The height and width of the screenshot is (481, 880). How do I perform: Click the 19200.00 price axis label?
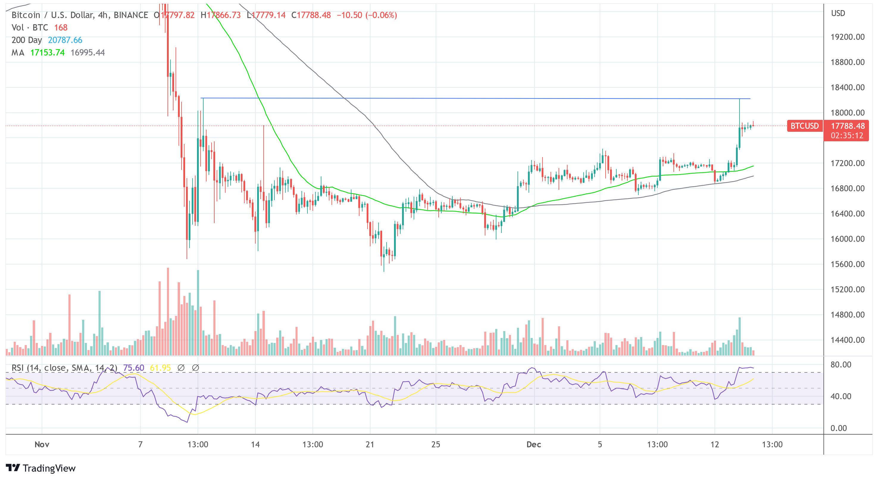tap(847, 37)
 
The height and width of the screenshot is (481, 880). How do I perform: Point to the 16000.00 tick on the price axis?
tap(847, 239)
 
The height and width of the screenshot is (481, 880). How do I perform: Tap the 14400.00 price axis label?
tap(847, 340)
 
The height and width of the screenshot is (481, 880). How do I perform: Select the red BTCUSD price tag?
tap(804, 126)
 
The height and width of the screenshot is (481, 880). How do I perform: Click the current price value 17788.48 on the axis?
tap(848, 126)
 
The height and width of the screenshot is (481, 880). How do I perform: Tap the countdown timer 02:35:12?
tap(847, 136)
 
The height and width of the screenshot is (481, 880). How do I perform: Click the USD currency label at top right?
tap(838, 13)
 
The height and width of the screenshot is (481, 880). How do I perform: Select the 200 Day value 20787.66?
tap(65, 40)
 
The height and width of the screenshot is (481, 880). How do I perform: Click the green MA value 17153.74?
tap(48, 53)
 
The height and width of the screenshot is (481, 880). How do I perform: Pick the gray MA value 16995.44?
tap(87, 53)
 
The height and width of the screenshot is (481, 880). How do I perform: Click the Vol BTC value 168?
tap(61, 28)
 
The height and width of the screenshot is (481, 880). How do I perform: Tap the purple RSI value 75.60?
tap(134, 368)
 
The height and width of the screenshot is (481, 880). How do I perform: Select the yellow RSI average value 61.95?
tap(160, 368)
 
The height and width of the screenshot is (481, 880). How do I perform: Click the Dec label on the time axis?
tap(533, 444)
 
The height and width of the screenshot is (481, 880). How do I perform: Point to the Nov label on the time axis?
tap(42, 444)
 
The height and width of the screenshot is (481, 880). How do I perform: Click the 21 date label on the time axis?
tap(370, 444)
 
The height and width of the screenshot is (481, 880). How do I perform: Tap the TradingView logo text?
tap(49, 468)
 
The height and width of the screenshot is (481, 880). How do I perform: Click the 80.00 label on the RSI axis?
tap(841, 365)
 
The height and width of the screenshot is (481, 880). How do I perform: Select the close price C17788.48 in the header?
tap(311, 15)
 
